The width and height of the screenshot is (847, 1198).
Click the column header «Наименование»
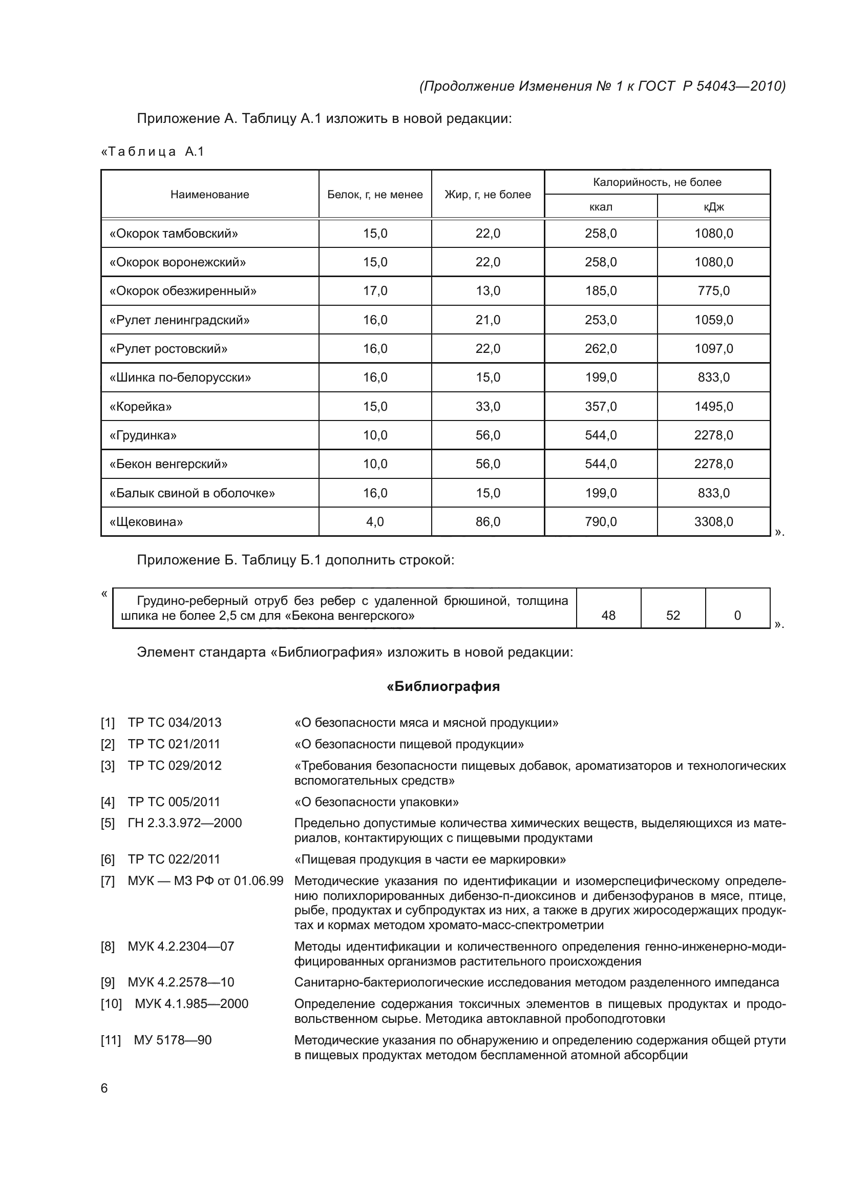[x=209, y=195]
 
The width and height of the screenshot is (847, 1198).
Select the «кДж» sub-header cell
[x=713, y=206]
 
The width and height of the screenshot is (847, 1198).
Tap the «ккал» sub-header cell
[x=600, y=206]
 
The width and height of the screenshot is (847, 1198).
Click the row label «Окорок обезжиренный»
[x=182, y=290]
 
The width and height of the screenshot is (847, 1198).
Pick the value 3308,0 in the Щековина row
[x=713, y=522]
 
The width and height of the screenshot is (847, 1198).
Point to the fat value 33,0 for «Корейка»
[x=488, y=407]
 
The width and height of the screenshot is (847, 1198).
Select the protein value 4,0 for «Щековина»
[x=375, y=522]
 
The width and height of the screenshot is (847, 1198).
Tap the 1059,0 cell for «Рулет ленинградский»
[x=713, y=320]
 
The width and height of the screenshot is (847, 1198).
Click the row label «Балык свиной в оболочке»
[x=192, y=493]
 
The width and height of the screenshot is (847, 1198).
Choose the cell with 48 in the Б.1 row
[x=608, y=615]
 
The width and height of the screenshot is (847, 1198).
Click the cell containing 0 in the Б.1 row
[x=737, y=615]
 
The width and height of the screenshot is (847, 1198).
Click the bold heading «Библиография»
[x=443, y=686]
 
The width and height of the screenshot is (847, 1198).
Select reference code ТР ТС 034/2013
[x=174, y=723]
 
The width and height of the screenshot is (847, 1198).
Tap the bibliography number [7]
[x=108, y=881]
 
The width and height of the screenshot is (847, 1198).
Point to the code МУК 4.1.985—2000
[x=192, y=1004]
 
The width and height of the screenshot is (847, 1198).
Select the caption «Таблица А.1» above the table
[x=152, y=152]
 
